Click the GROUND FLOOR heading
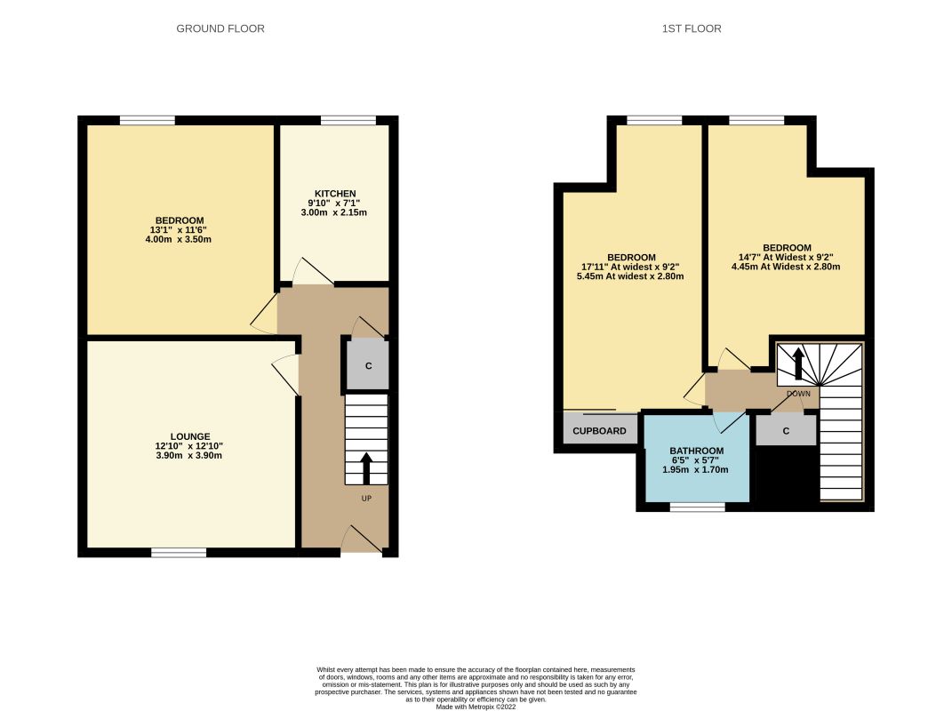tap(220, 28)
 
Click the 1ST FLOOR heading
tap(692, 28)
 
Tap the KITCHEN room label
tap(334, 194)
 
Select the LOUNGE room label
tap(190, 436)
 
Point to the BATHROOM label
tap(696, 451)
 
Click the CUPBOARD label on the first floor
tap(599, 431)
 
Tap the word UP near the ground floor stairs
tap(366, 499)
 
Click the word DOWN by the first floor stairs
tap(798, 394)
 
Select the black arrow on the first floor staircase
tap(798, 363)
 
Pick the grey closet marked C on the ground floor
tap(367, 365)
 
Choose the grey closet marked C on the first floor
tap(786, 430)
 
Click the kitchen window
tap(348, 120)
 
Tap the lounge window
tap(179, 553)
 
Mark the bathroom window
tap(698, 507)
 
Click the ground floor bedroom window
tap(148, 120)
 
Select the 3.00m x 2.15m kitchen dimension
tap(334, 212)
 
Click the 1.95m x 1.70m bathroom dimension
tap(696, 469)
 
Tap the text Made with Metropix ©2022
tap(476, 707)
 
